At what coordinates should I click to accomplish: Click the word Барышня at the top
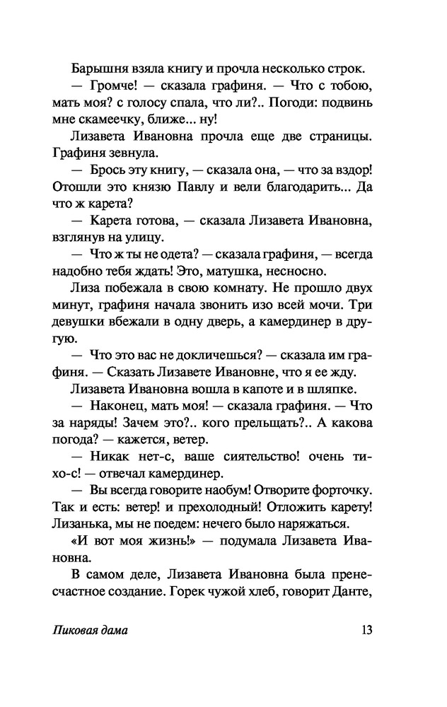pos(95,69)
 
